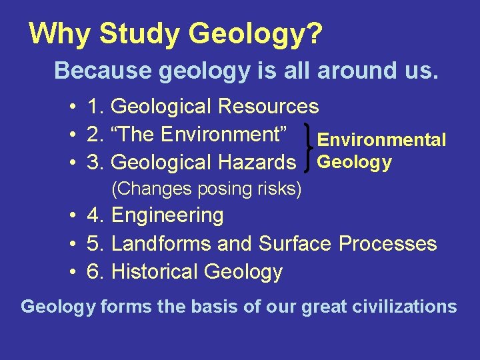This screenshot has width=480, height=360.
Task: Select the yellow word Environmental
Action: (381, 140)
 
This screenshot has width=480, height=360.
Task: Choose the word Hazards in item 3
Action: (265, 162)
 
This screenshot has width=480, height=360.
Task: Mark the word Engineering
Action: (167, 216)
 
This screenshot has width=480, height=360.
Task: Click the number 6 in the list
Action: (93, 272)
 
